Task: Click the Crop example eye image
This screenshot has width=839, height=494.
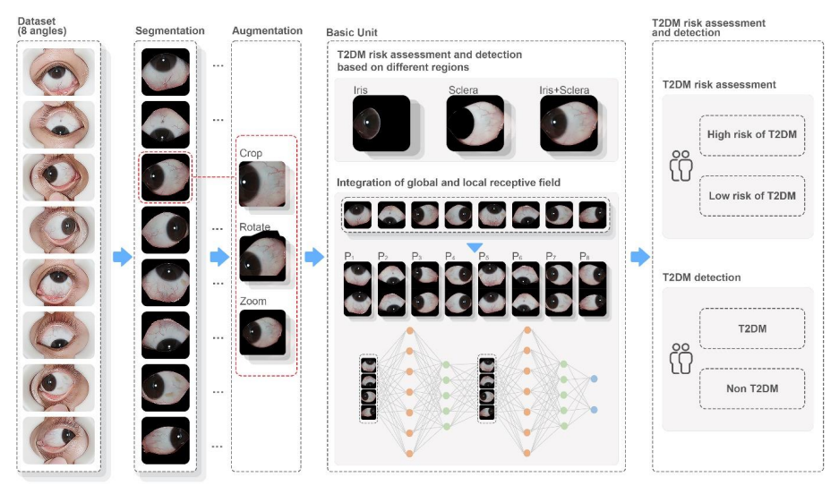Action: [x=262, y=183]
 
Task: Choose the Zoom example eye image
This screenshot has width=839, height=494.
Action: [x=262, y=332]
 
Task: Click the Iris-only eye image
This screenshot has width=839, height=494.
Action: [x=381, y=123]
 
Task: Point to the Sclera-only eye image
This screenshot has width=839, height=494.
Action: [x=475, y=123]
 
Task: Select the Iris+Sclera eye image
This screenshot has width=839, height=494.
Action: [x=569, y=123]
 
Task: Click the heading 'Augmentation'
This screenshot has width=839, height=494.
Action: [x=267, y=31]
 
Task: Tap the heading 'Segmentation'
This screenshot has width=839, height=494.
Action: [x=170, y=31]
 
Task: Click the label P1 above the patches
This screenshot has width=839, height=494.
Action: [x=349, y=256]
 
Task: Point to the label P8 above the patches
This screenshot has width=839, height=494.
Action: [x=586, y=256]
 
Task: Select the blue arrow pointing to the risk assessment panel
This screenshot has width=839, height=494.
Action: [x=638, y=258]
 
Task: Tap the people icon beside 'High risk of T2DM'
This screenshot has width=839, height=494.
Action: [x=681, y=166]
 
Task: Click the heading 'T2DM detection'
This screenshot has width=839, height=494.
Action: [x=701, y=277]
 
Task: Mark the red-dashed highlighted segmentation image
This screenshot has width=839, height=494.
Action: [x=166, y=176]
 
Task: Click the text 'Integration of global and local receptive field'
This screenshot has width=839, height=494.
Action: [x=448, y=183]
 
